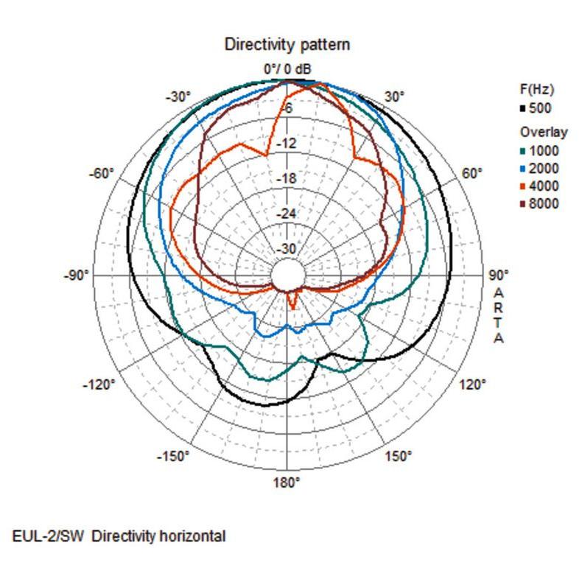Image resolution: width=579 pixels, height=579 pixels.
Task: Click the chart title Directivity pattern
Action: (287, 45)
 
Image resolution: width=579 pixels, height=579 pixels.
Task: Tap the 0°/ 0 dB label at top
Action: (287, 69)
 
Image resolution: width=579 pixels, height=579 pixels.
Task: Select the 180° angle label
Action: (287, 482)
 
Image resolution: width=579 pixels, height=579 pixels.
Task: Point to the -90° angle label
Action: (77, 276)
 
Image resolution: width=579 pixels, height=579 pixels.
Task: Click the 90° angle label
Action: (499, 275)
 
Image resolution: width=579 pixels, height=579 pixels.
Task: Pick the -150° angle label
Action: (173, 457)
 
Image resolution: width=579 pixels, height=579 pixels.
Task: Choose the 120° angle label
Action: (472, 385)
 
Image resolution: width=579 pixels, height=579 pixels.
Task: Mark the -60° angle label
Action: (101, 173)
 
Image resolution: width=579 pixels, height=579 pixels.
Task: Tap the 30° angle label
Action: (394, 96)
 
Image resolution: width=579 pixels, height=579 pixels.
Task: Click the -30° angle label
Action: (178, 97)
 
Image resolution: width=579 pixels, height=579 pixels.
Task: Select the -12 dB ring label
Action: (287, 143)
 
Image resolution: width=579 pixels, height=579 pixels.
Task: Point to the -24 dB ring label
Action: (287, 214)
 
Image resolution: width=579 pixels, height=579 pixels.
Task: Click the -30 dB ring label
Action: (287, 249)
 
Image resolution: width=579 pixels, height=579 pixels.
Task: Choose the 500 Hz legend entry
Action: (536, 108)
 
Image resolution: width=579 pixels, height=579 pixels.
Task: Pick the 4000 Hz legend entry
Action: (539, 186)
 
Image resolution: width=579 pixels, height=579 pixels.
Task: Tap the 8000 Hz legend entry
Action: (539, 203)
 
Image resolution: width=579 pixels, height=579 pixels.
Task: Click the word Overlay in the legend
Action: (544, 132)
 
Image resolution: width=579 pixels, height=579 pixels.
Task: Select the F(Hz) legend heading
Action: (537, 89)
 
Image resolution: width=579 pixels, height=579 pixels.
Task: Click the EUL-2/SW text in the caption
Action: (49, 536)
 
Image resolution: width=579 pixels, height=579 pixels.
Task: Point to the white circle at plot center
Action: (287, 276)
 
